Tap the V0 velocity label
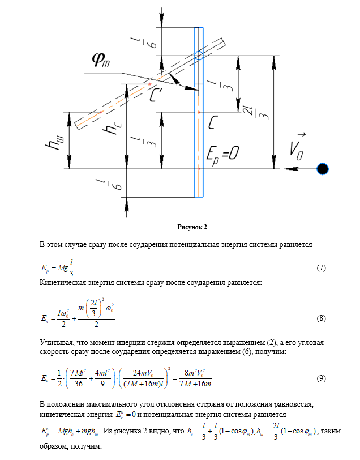click(297, 145)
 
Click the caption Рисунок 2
click(193, 227)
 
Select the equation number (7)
click(320, 267)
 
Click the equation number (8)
click(320, 318)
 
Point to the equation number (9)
click(320, 378)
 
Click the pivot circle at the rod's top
click(199, 56)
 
